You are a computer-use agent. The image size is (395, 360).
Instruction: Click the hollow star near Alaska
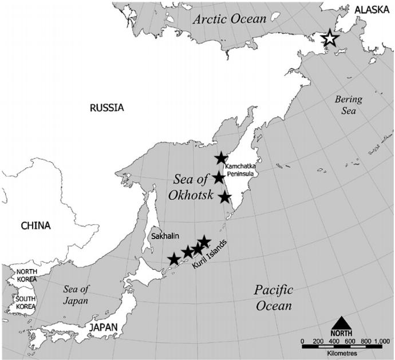click(x=330, y=39)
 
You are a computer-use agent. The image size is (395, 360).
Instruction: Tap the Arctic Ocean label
click(x=230, y=19)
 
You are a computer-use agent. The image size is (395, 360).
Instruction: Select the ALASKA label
click(x=373, y=9)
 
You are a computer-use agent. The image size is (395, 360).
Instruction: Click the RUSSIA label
click(x=107, y=107)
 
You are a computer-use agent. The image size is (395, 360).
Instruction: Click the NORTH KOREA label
click(x=26, y=276)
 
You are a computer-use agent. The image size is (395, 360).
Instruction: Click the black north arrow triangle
click(x=342, y=322)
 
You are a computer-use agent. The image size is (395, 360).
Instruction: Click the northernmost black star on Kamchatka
click(x=221, y=159)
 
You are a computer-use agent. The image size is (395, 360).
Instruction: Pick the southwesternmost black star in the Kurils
click(x=174, y=259)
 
